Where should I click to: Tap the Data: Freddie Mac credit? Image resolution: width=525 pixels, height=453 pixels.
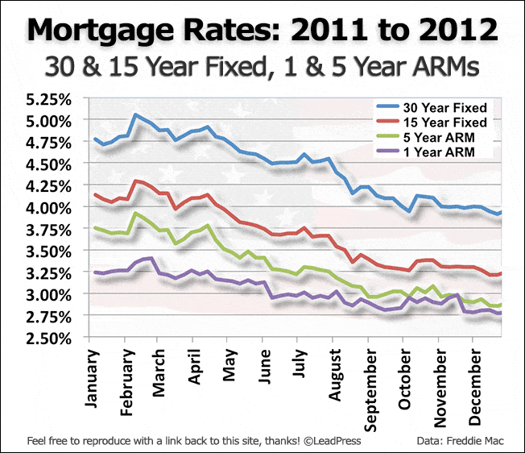point(465,440)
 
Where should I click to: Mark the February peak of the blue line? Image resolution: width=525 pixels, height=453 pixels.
point(134,114)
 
